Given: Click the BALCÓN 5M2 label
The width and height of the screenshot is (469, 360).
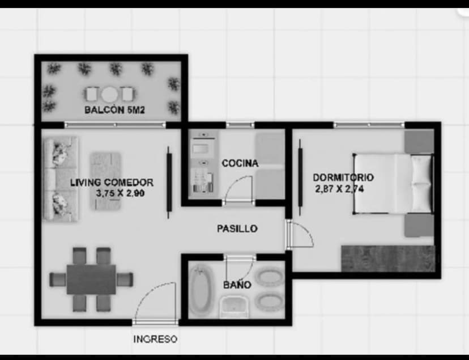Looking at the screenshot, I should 114,110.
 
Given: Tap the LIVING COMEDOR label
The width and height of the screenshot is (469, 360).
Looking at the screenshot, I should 112,182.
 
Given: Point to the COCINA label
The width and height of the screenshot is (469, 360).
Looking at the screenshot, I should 240,163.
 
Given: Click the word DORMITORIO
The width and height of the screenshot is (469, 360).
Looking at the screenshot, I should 343,178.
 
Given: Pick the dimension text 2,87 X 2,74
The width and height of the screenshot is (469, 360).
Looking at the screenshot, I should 339,189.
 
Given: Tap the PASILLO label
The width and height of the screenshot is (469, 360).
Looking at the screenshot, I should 237,228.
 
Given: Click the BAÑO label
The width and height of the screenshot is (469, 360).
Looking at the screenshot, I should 237,285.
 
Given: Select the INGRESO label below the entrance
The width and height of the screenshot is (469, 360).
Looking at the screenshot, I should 155,339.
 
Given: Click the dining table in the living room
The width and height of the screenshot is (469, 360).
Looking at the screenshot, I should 91,279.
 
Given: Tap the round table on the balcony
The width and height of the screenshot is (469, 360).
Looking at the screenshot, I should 110,94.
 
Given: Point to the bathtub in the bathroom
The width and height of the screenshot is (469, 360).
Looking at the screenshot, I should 199,291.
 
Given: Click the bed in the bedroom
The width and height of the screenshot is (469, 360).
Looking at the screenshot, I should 393,184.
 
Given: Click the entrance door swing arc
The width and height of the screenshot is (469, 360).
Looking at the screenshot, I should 153,300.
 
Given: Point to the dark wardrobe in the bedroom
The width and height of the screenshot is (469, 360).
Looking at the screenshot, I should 387,259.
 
